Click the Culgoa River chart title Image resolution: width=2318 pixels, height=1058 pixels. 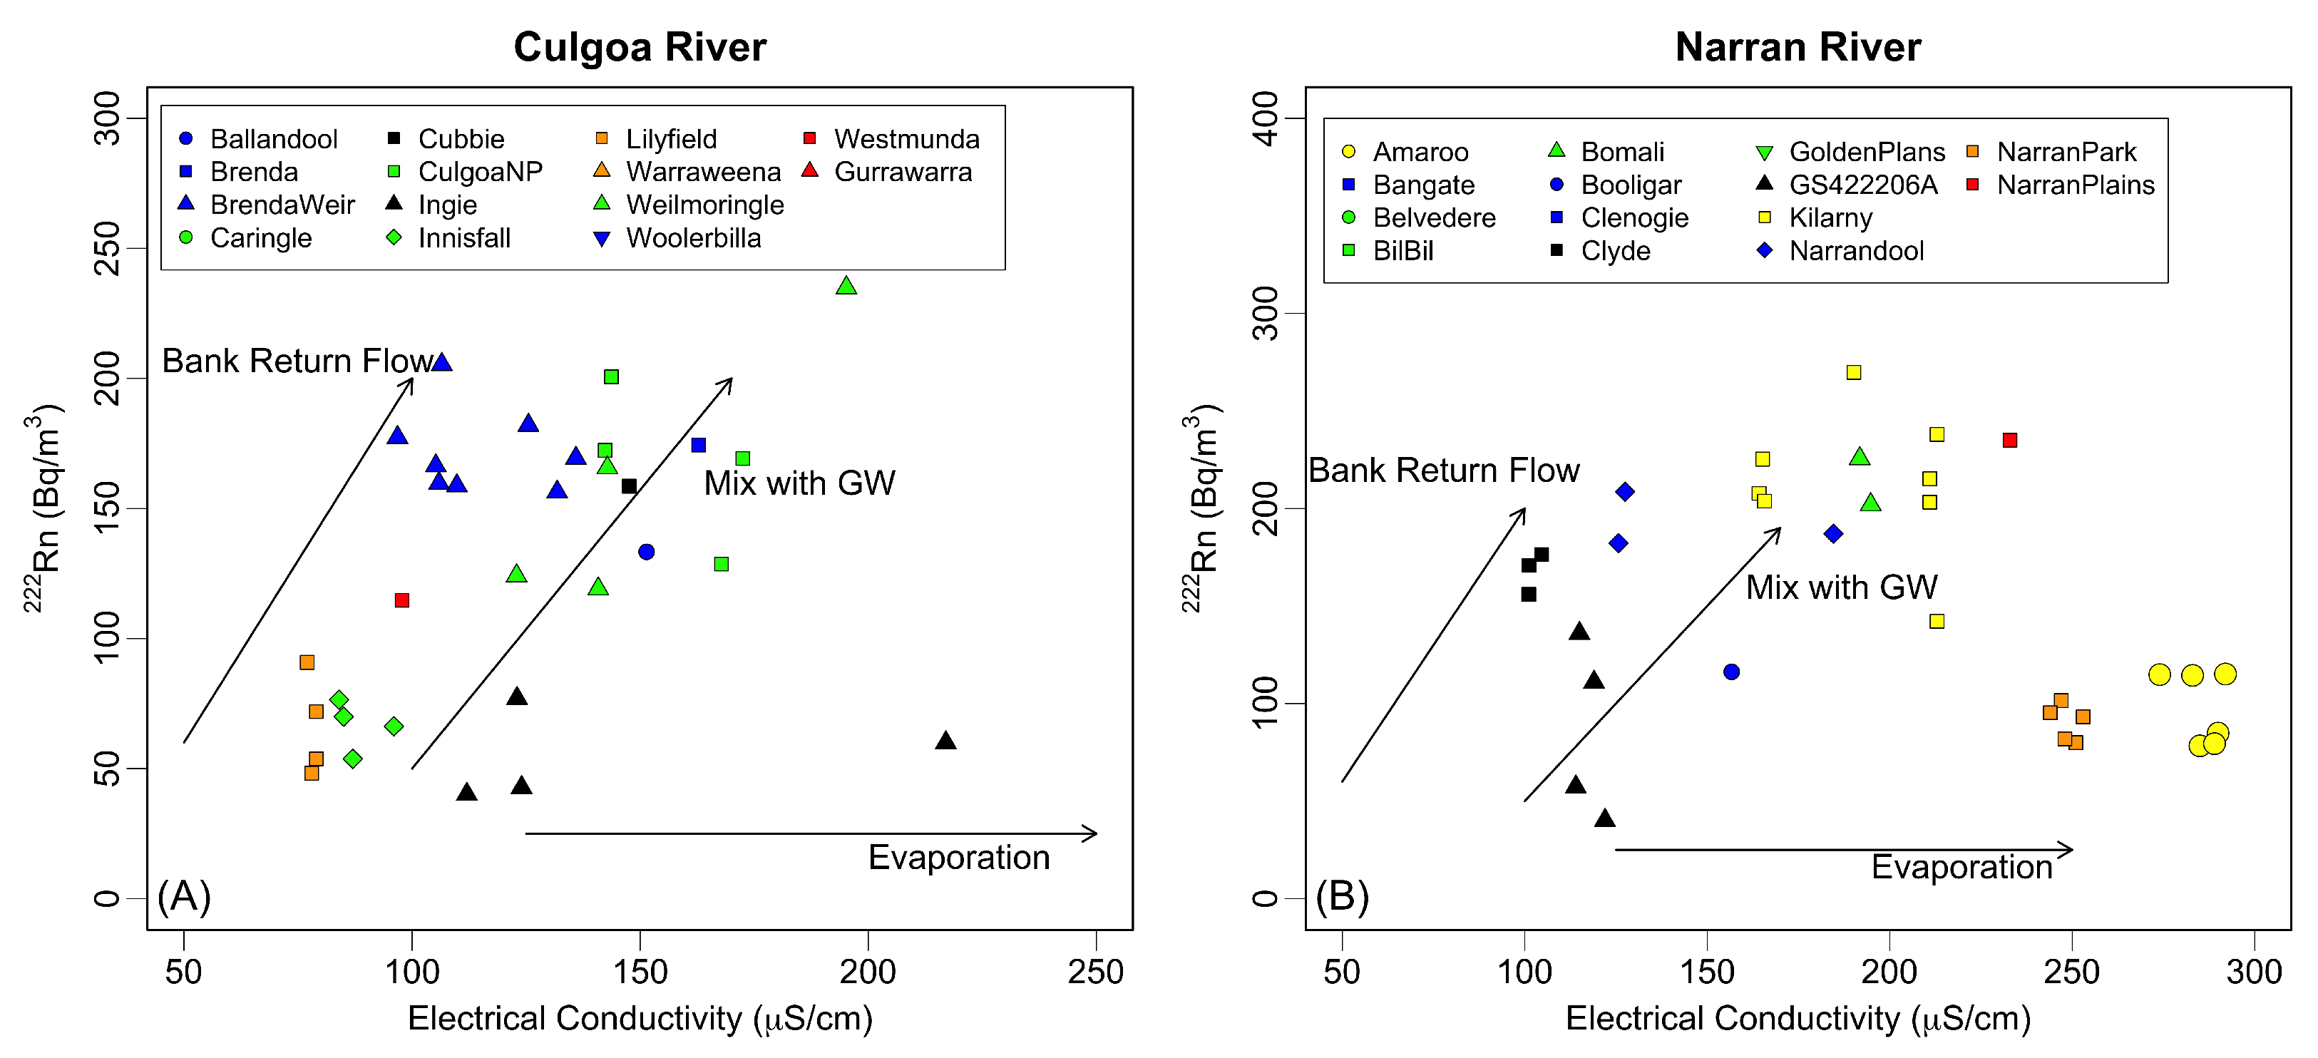pyautogui.click(x=640, y=47)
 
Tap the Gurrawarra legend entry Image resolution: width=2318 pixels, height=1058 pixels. pyautogui.click(x=887, y=172)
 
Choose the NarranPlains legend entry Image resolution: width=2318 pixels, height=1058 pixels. pyautogui.click(x=2061, y=185)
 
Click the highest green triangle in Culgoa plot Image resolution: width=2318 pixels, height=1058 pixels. pyautogui.click(x=846, y=286)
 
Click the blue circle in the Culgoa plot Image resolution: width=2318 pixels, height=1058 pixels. pyautogui.click(x=646, y=552)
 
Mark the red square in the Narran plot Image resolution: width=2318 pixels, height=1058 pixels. pyautogui.click(x=2009, y=440)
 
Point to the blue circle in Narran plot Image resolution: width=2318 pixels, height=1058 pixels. pyautogui.click(x=1731, y=672)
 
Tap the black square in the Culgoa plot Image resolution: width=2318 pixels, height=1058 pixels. pyautogui.click(x=629, y=486)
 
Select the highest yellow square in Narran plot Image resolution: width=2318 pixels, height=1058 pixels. pyautogui.click(x=1854, y=372)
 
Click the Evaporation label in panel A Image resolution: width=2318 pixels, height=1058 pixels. pyautogui.click(x=958, y=858)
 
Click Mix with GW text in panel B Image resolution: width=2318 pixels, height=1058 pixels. pyautogui.click(x=1841, y=587)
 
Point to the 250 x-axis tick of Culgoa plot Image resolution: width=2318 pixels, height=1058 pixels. pyautogui.click(x=1095, y=972)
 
